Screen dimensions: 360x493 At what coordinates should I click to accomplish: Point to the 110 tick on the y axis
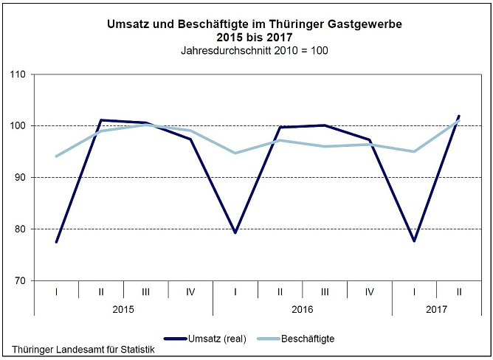pos(18,75)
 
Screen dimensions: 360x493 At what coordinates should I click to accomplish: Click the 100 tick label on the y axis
pos(18,126)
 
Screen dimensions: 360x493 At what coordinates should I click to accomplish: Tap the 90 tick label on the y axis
pos(20,178)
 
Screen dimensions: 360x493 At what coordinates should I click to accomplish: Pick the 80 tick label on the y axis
pos(20,229)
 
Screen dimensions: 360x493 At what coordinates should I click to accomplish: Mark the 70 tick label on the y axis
pos(20,281)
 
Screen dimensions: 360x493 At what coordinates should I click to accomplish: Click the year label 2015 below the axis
pos(123,312)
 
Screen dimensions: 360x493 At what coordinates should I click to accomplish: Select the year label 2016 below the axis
pos(303,312)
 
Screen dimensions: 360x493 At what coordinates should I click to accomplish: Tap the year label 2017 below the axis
pos(437,312)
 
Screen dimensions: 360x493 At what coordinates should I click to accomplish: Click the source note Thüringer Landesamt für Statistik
pos(83,350)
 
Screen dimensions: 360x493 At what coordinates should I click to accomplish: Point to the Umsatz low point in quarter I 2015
pos(56,242)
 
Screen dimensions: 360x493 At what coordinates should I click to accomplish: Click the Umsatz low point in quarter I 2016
pos(235,232)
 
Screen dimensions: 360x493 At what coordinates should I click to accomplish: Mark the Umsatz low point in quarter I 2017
pos(414,240)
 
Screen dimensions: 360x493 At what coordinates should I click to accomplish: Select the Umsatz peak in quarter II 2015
pos(101,120)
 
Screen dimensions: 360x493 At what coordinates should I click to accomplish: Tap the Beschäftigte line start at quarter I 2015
pos(56,156)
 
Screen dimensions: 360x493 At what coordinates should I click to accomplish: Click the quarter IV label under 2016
pos(370,292)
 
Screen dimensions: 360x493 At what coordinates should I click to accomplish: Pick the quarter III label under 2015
pos(145,292)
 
